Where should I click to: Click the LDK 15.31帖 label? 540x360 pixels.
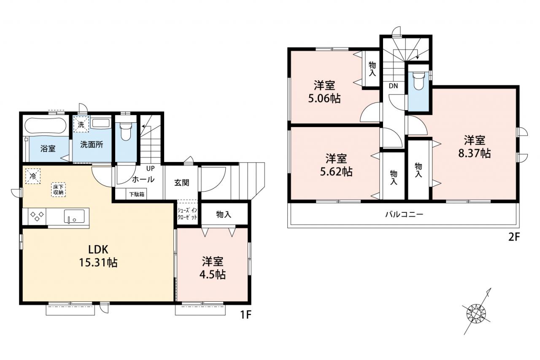click(x=98, y=256)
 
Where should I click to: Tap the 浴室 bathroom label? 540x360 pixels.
click(x=48, y=149)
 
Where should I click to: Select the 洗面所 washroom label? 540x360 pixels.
click(x=92, y=144)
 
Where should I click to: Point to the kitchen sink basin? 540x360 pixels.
click(x=74, y=216)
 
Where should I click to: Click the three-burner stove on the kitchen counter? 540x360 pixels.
click(x=37, y=216)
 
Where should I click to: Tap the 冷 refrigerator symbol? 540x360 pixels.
click(x=33, y=176)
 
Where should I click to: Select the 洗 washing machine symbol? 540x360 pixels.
click(x=81, y=125)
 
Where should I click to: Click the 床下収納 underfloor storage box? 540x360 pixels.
click(x=58, y=190)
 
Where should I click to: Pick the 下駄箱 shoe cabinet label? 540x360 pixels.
click(x=136, y=194)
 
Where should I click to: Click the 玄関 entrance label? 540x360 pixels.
click(x=181, y=183)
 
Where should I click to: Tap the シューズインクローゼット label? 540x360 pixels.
click(x=187, y=214)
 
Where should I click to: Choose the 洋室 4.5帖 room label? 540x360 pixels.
click(x=212, y=268)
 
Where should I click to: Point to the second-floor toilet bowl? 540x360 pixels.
click(x=418, y=81)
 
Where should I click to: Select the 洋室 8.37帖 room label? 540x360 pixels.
click(x=475, y=146)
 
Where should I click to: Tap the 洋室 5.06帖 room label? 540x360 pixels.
click(x=324, y=92)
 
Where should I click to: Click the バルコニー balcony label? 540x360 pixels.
click(x=404, y=214)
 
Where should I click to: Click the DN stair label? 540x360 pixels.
click(x=393, y=86)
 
